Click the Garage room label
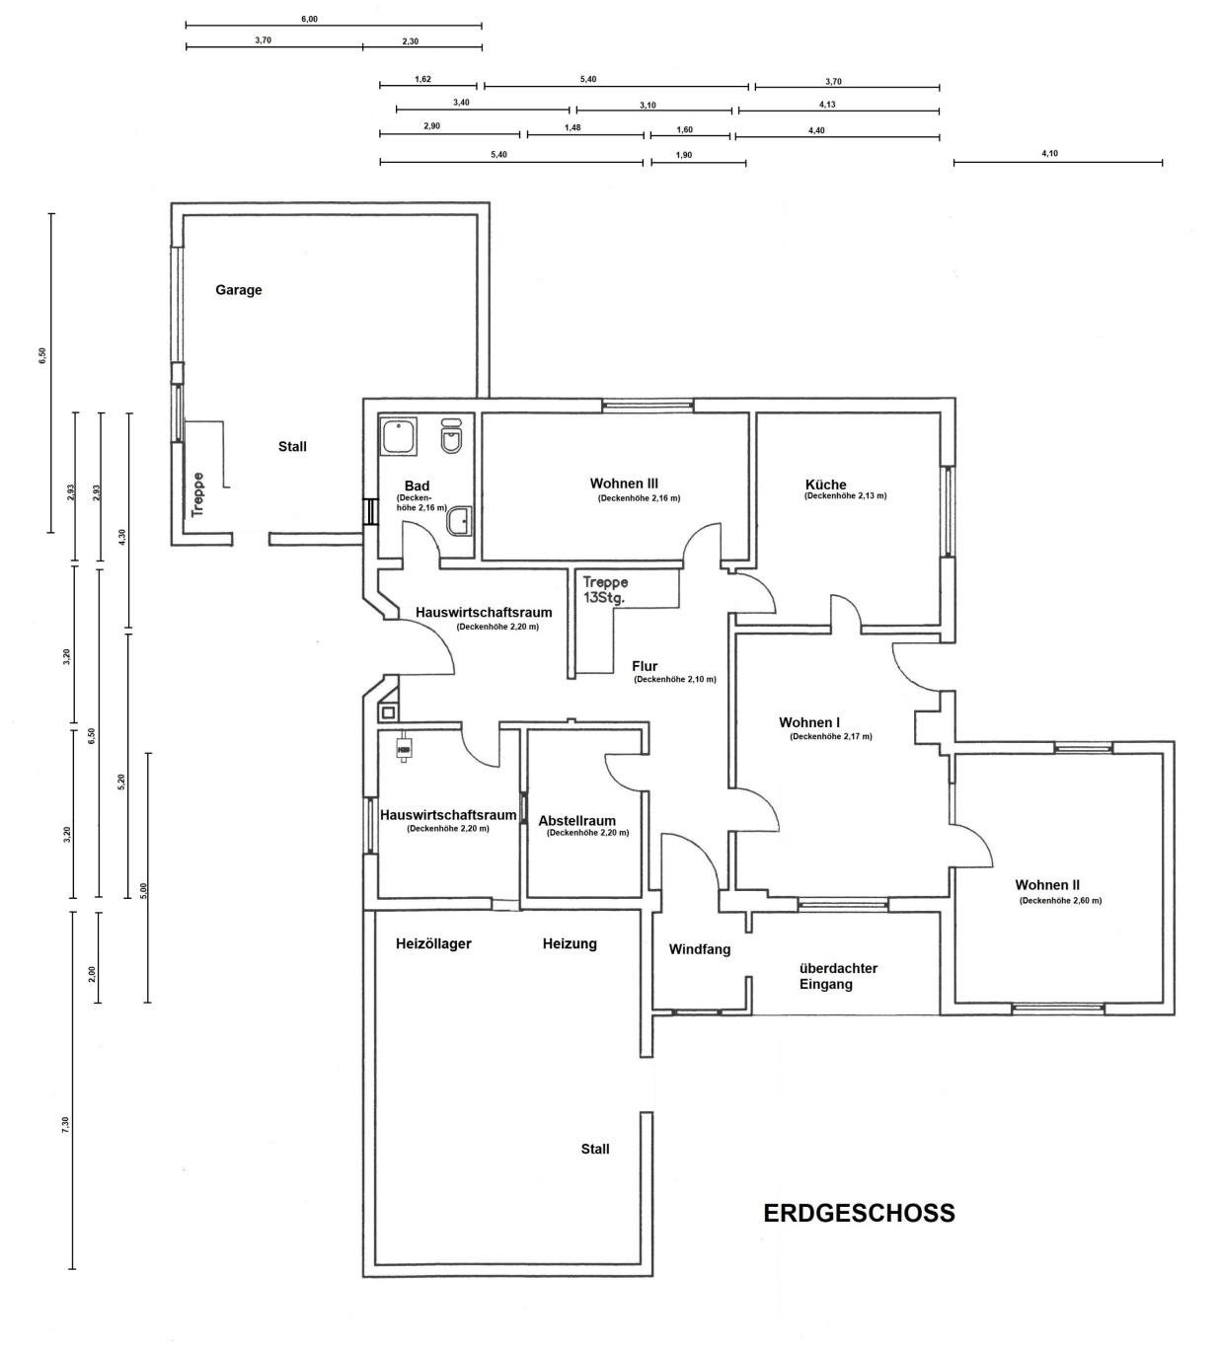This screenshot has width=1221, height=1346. click(x=238, y=290)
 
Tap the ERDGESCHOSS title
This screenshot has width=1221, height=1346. click(x=859, y=1213)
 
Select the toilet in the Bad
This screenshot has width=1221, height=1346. click(x=451, y=437)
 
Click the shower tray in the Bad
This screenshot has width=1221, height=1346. click(x=398, y=436)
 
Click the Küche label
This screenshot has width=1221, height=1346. click(x=825, y=485)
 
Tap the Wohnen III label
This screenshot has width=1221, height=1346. click(x=624, y=484)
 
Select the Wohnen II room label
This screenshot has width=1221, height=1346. click(x=1047, y=885)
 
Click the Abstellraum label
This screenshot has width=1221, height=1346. click(x=576, y=821)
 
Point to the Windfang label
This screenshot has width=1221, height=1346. click(x=700, y=949)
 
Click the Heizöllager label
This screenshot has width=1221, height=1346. click(x=433, y=943)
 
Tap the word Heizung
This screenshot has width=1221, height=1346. click(x=570, y=943)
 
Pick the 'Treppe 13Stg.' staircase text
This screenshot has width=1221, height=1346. click(x=605, y=589)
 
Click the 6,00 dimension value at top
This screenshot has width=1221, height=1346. click(x=309, y=20)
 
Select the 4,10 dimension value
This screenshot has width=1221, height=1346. click(x=1049, y=154)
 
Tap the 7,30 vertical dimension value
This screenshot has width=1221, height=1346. click(x=66, y=1125)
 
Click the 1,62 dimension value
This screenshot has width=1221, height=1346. click(x=422, y=79)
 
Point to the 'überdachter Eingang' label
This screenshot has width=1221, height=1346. click(x=838, y=976)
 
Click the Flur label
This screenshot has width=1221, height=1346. click(x=645, y=666)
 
